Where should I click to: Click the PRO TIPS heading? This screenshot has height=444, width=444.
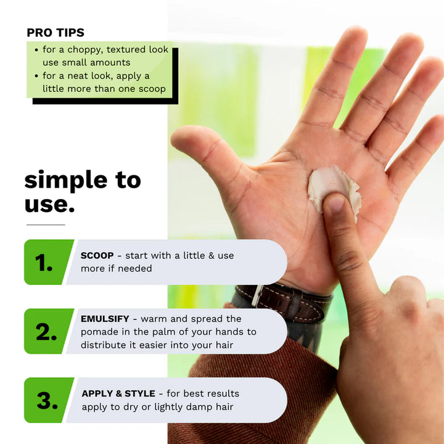[55, 33]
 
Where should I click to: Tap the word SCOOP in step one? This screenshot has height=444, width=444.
[97, 255]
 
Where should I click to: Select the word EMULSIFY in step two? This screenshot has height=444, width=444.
[105, 319]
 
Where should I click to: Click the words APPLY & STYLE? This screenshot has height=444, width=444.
[118, 393]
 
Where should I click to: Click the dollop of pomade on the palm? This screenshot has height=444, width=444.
[334, 187]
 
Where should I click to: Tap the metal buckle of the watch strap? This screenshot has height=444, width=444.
[257, 296]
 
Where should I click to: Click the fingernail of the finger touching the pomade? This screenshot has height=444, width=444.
[335, 203]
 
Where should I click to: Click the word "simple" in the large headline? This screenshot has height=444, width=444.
[66, 181]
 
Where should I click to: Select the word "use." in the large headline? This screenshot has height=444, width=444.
[49, 205]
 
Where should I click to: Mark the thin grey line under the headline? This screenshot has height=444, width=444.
[46, 225]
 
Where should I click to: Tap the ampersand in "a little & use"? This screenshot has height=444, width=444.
[212, 256]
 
